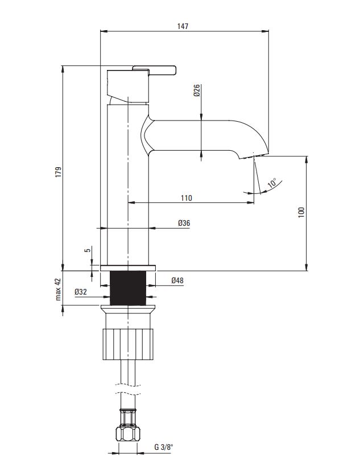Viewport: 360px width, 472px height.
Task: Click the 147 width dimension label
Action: [x=183, y=26]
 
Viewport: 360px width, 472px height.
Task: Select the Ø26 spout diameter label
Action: [x=197, y=90]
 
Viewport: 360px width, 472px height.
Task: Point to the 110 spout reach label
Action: [x=187, y=198]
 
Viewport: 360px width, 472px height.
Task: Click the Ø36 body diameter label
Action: [x=184, y=223]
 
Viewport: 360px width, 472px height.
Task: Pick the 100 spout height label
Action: [x=301, y=213]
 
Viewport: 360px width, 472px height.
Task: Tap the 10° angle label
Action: [x=272, y=183]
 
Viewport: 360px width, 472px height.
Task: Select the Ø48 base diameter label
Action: [x=177, y=280]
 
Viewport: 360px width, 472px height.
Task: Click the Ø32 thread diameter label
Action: [x=81, y=292]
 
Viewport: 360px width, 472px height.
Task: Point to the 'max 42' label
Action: [x=58, y=289]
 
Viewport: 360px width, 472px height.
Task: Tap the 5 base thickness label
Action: [x=88, y=250]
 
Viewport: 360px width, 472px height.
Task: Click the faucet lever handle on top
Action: [x=154, y=69]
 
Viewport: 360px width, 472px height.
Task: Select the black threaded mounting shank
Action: [x=128, y=288]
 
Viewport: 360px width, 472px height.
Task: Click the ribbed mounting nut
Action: [x=128, y=344]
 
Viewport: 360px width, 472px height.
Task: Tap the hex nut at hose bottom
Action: [x=128, y=434]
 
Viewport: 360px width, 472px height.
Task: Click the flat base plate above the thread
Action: [x=128, y=268]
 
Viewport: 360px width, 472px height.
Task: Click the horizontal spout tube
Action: [x=193, y=135]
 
